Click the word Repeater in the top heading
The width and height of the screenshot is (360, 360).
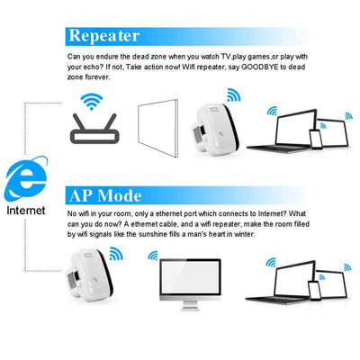click(105, 36)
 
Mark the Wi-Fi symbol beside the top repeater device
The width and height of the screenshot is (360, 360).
click(233, 95)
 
